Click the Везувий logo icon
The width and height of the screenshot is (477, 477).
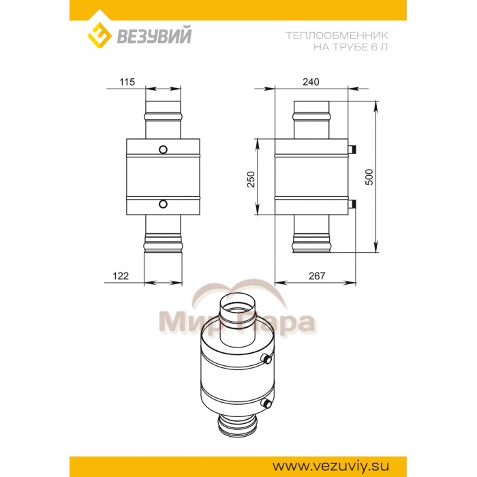point(99,36)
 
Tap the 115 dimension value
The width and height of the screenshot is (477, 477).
point(127,82)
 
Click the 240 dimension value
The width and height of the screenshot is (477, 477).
point(310,82)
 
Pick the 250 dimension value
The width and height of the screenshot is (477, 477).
point(250,179)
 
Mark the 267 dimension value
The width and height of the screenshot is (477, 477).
point(318,276)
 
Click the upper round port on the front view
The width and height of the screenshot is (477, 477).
point(164,149)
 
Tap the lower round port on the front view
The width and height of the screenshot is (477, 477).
point(164,203)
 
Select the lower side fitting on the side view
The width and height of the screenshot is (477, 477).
point(350,203)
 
